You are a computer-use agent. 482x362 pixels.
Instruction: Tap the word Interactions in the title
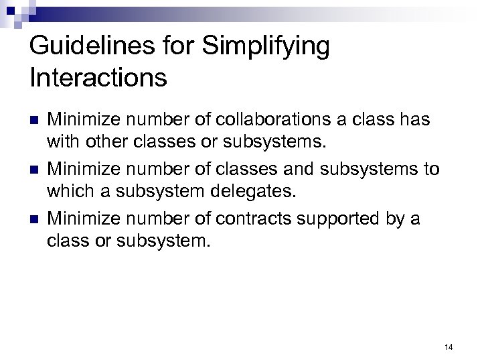click(98, 78)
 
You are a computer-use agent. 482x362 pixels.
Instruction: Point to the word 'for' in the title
click(187, 47)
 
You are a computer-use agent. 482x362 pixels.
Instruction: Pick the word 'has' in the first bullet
click(416, 120)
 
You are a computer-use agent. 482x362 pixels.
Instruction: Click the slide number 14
click(448, 347)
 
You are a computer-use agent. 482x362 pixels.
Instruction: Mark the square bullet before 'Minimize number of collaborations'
click(35, 121)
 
